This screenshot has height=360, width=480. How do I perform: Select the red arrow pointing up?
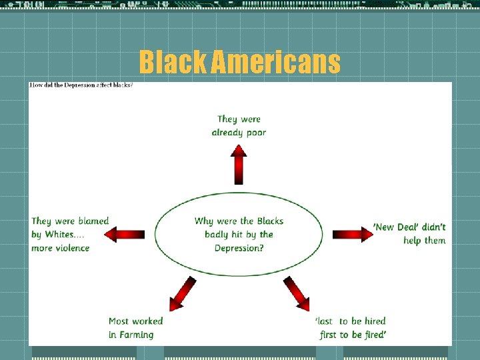coord(239,165)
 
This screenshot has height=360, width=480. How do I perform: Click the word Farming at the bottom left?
coord(136,335)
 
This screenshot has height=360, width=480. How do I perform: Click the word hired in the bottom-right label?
coord(375,321)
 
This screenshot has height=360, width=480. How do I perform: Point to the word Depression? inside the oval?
coord(239,248)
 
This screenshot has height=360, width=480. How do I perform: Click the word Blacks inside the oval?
coord(270,221)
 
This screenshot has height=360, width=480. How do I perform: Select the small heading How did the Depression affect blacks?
coord(81,86)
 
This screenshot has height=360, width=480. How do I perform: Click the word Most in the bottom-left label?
coord(119,321)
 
